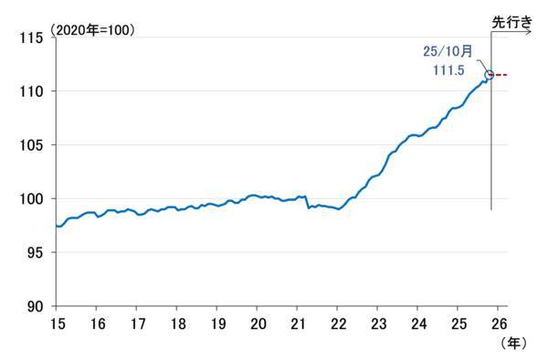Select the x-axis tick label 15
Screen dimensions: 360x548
(57, 323)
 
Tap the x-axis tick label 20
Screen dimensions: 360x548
(258, 323)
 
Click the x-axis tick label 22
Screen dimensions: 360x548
(338, 323)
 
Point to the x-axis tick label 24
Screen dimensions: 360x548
(417, 323)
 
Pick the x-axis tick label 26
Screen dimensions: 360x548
(500, 323)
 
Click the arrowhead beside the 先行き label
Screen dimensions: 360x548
(529, 32)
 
